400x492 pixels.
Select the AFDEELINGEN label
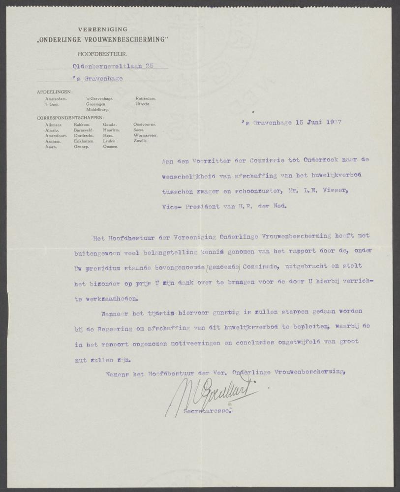pyautogui.click(x=54, y=92)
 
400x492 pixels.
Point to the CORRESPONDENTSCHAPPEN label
pyautogui.click(x=69, y=118)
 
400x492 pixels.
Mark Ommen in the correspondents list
pyautogui.click(x=111, y=147)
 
